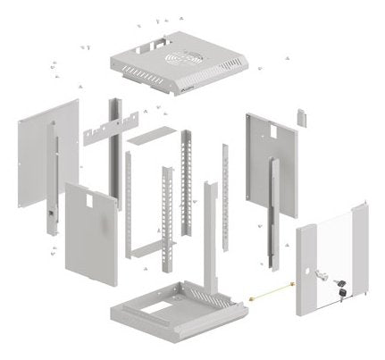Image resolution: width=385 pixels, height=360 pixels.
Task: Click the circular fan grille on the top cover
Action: pos(185,59)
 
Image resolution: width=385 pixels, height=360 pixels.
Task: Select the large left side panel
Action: pos(45,152)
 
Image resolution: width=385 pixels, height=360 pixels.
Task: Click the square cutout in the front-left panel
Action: pos(95,201)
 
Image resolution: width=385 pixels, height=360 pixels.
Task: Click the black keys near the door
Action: pos(341,290)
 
